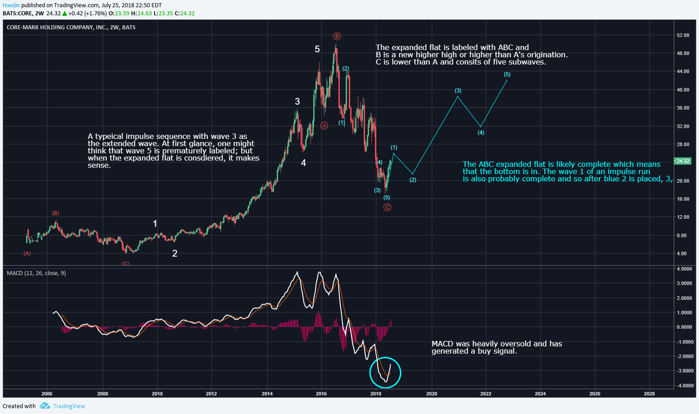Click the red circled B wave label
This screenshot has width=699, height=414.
[x=337, y=37]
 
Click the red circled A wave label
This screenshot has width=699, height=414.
[x=324, y=126]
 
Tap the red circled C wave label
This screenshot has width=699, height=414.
[x=387, y=207]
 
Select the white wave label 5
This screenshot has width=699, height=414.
[x=317, y=49]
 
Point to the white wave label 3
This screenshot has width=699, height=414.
[x=297, y=101]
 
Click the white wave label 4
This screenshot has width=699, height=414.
[x=304, y=163]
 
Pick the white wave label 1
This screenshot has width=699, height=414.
[x=155, y=224]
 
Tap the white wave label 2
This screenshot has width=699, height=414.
[x=175, y=253]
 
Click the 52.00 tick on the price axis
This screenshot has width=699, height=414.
[x=683, y=35]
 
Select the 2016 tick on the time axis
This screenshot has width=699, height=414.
[x=321, y=394]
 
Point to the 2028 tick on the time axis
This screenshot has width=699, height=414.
[x=649, y=394]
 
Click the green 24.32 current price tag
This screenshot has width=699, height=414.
[x=683, y=161]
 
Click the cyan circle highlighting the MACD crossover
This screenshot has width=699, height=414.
[x=385, y=373]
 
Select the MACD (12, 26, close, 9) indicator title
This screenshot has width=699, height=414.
[x=36, y=273]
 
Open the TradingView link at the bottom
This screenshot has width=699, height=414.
[x=69, y=406]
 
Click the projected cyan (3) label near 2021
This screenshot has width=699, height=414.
[x=458, y=91]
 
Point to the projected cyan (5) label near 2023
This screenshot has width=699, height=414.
[x=507, y=74]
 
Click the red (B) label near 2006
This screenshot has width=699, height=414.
[x=55, y=213]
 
